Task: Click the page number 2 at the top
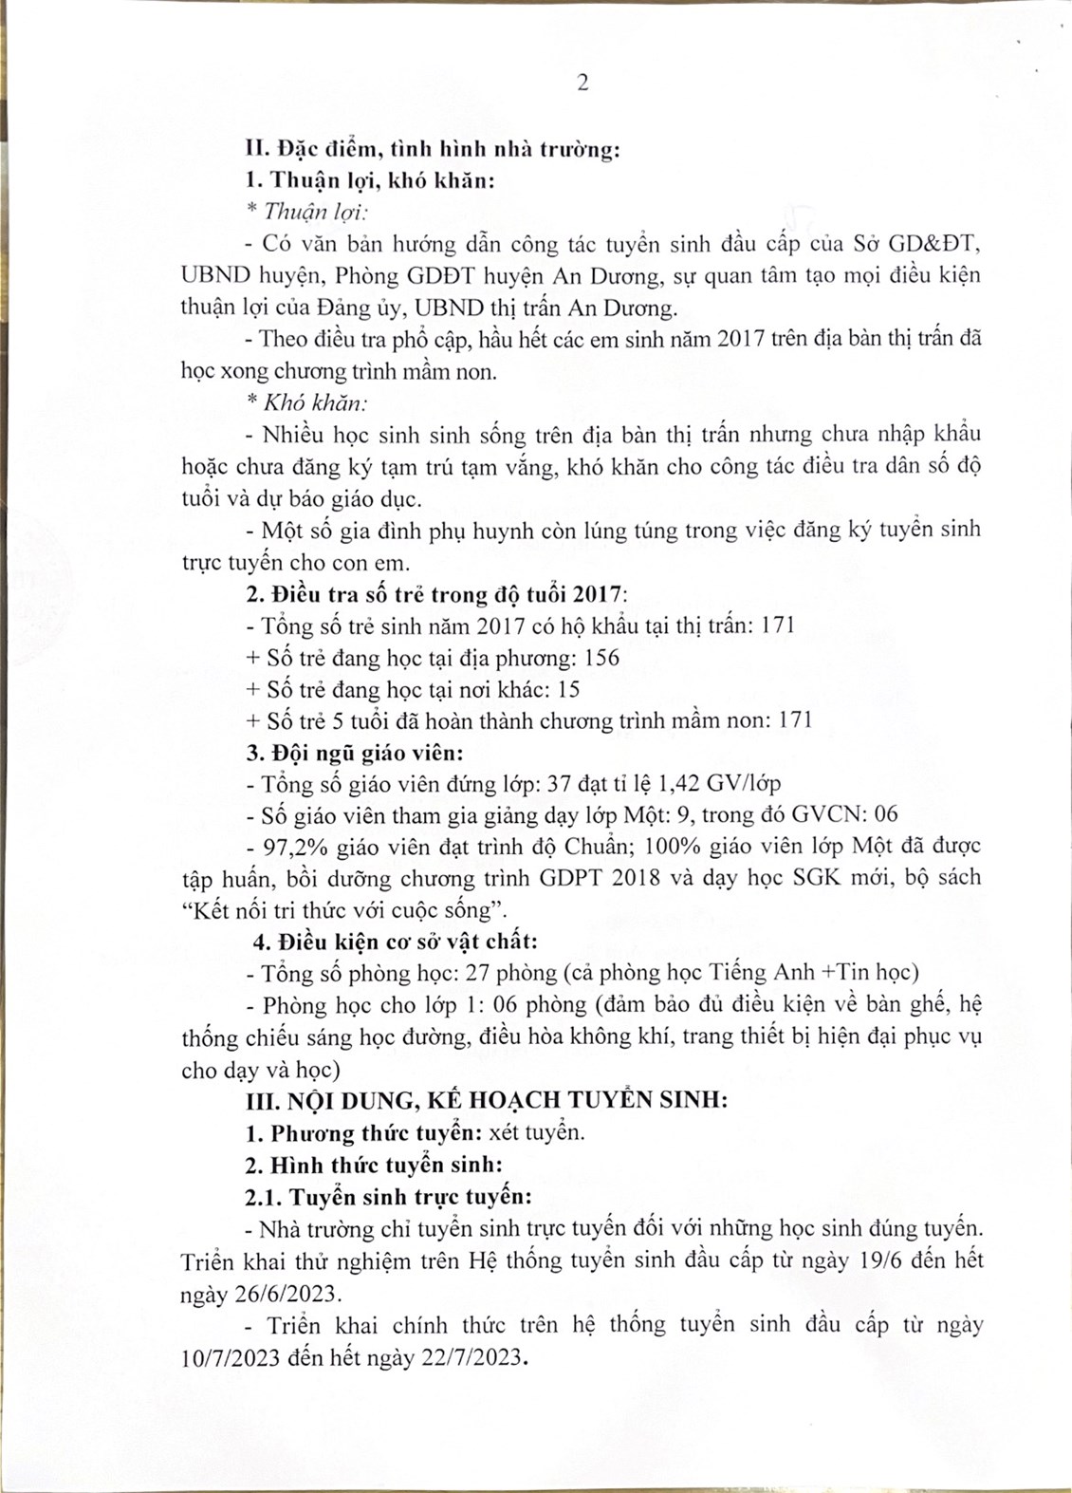582,83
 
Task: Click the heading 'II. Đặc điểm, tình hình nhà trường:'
432,149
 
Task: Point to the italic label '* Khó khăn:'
306,402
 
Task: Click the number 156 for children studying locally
601,658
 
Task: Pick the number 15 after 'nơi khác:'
570,689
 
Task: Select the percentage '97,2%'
284,846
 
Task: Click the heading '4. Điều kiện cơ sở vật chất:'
395,942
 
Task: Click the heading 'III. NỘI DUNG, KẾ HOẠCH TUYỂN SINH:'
487,1101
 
